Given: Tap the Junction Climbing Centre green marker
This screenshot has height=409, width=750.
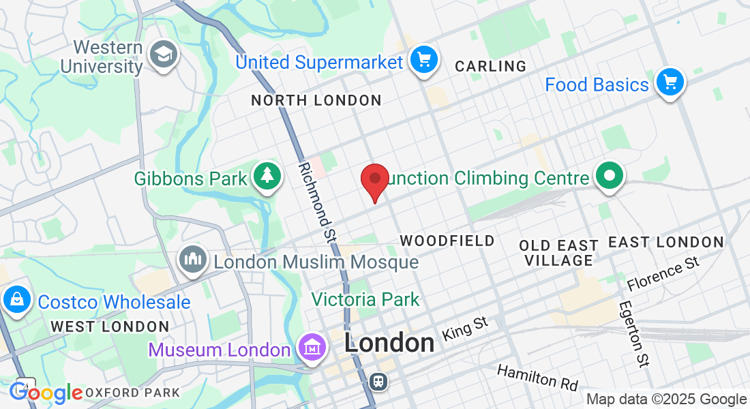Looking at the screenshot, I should [x=610, y=177].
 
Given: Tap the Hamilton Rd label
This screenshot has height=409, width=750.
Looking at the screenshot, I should [x=537, y=376].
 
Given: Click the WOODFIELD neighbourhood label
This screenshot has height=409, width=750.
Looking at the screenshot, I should [x=447, y=241].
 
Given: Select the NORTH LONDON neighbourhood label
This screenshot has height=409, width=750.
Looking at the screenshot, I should [x=316, y=101].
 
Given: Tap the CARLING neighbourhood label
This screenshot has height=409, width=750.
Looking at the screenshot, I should [x=490, y=66].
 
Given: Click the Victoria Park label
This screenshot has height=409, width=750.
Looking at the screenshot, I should [x=365, y=299].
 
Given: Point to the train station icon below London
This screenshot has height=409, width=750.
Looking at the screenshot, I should [x=377, y=381].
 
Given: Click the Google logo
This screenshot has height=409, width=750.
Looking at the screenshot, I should [x=46, y=393].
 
